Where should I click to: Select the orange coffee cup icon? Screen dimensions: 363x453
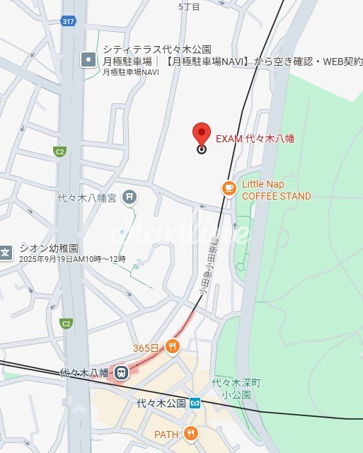(228, 188)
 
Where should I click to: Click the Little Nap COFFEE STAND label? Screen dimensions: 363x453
(276, 190)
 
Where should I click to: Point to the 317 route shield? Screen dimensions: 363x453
(69, 21)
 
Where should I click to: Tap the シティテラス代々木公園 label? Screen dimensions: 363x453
(157, 50)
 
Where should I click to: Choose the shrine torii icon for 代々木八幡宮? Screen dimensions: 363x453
(129, 197)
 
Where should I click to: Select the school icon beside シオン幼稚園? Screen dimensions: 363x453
(5, 251)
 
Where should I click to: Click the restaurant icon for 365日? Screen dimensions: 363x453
(171, 347)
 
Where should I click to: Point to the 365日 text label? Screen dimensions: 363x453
(146, 348)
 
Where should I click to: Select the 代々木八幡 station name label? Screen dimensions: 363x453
(84, 372)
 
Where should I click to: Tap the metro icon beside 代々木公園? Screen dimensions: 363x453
(195, 403)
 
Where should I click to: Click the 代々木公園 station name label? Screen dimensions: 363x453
(161, 403)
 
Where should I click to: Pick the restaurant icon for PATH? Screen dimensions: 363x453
(190, 433)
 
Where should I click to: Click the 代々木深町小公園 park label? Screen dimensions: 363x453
(236, 388)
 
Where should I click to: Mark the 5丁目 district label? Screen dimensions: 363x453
(189, 6)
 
